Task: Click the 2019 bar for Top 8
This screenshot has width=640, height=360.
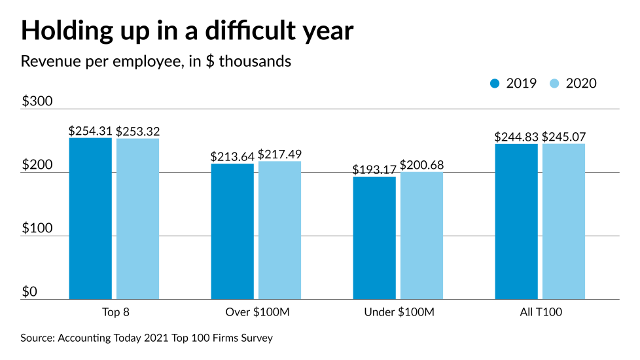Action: [90, 219]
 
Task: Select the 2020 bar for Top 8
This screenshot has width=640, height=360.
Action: [137, 219]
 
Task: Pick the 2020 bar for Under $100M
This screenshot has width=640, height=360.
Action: [421, 236]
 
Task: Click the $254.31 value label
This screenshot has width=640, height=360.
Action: [90, 131]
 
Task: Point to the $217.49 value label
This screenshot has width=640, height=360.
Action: [279, 154]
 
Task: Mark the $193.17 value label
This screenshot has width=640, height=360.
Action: [374, 170]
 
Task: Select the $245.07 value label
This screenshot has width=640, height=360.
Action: [563, 137]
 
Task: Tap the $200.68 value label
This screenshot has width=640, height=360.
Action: [421, 165]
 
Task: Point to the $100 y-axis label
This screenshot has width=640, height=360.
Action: [37, 228]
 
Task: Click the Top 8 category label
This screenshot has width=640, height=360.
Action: [114, 312]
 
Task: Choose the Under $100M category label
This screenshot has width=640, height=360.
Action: [399, 312]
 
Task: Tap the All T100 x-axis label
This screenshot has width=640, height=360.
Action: [540, 312]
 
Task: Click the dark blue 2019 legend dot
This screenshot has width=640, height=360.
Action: [495, 83]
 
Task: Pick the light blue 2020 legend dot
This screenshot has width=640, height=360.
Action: [554, 83]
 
